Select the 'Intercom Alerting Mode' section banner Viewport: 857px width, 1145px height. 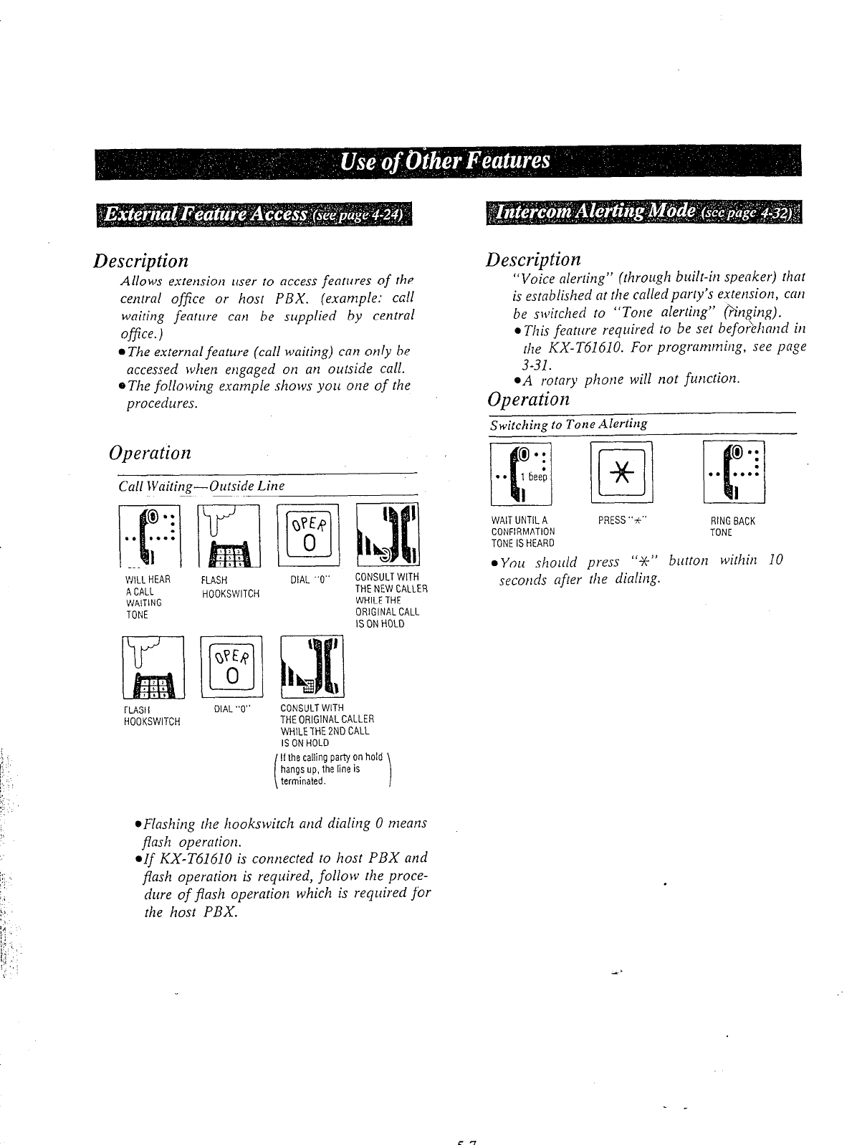click(643, 213)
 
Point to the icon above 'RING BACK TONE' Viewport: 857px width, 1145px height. click(734, 473)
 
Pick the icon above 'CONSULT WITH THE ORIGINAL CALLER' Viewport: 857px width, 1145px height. click(313, 666)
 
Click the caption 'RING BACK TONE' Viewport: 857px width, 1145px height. click(732, 527)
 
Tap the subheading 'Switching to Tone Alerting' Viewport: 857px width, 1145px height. click(568, 423)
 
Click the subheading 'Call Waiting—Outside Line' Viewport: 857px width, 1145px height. click(201, 486)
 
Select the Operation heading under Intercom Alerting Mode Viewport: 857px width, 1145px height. click(528, 399)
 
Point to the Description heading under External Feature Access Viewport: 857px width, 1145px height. click(140, 259)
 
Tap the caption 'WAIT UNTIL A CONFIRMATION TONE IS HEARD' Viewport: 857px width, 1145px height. click(522, 532)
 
